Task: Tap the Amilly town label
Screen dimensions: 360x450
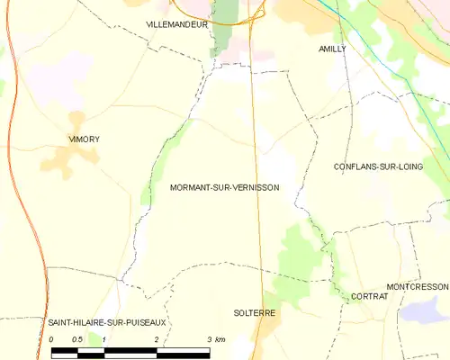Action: click(x=332, y=49)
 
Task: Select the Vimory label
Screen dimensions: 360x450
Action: click(x=85, y=139)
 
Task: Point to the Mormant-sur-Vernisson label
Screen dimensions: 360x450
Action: click(x=224, y=188)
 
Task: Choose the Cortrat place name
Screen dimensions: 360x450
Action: click(x=369, y=296)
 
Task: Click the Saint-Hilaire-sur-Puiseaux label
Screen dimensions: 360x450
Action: click(x=96, y=321)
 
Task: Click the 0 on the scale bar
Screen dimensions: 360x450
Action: click(x=52, y=339)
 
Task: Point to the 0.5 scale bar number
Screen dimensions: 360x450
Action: click(x=77, y=339)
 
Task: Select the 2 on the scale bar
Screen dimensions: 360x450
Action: click(x=157, y=339)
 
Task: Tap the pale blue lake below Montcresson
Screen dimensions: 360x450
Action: click(x=420, y=310)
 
